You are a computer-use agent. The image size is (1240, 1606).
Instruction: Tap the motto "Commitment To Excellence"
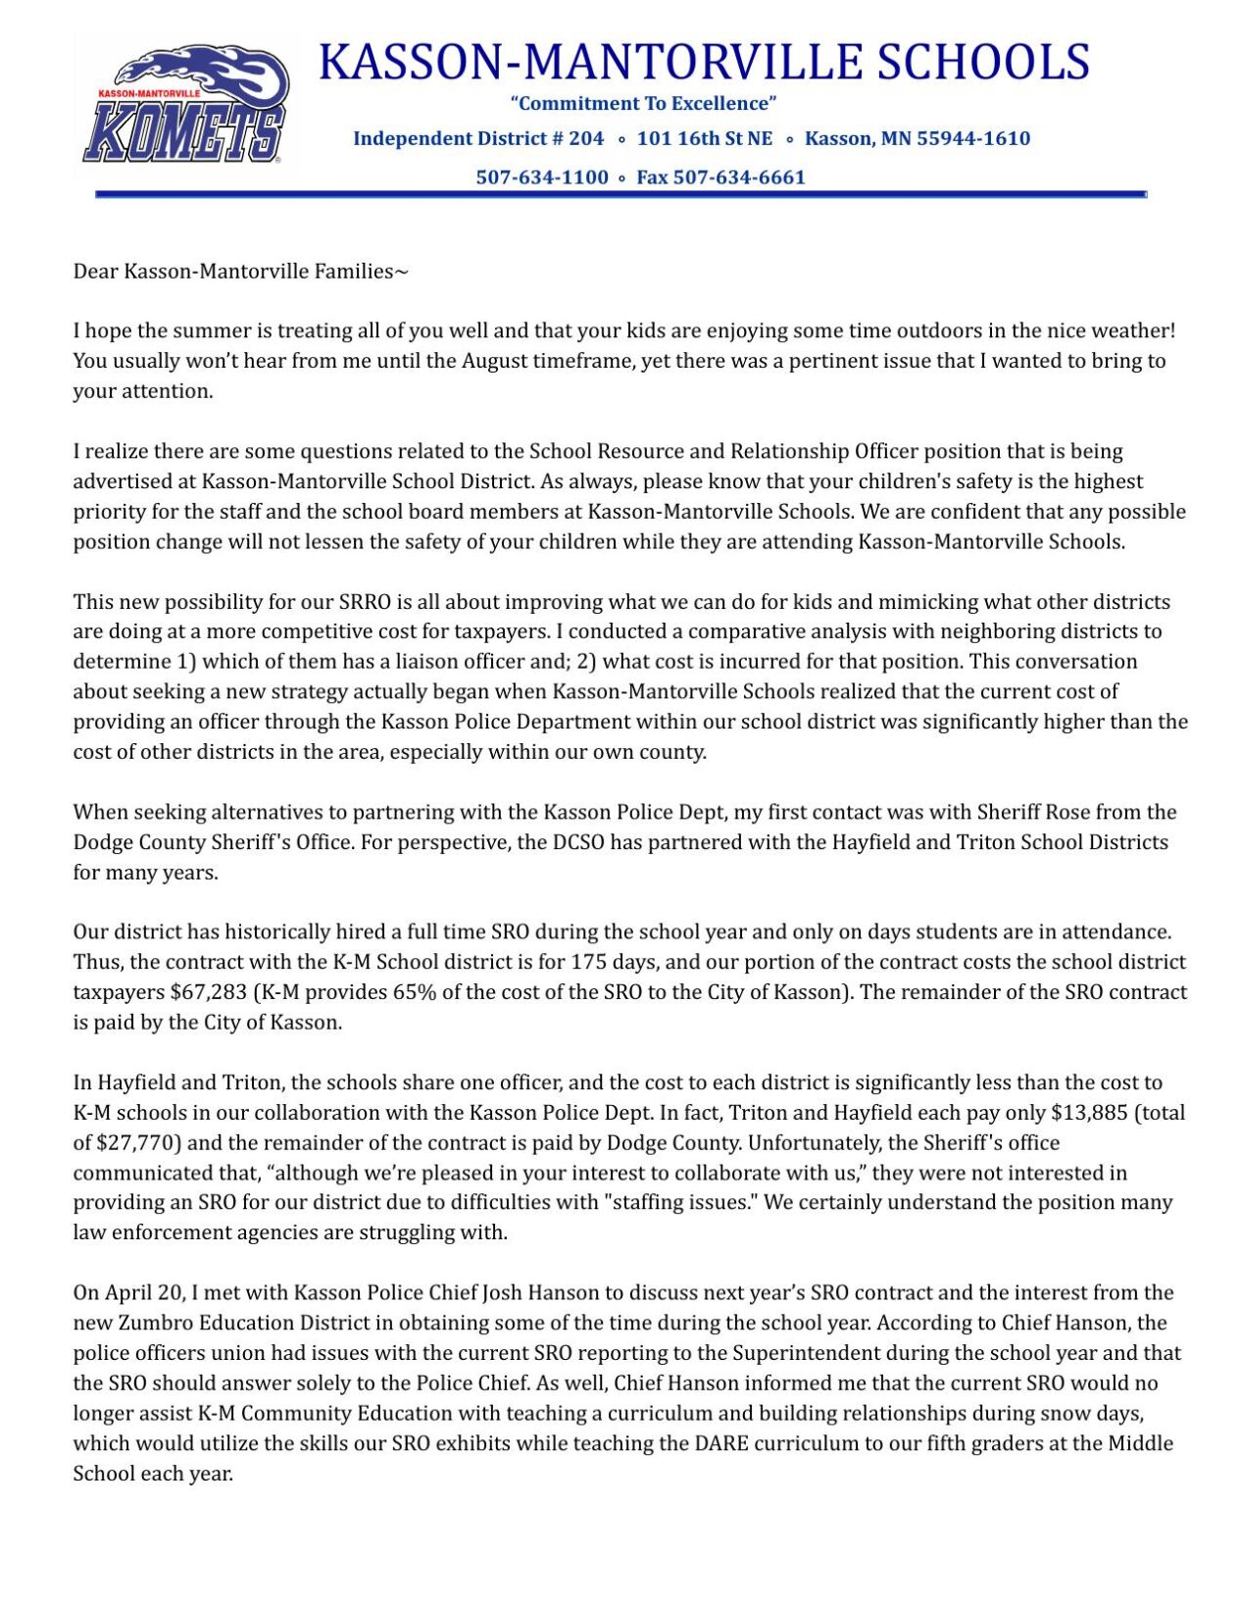coord(643,104)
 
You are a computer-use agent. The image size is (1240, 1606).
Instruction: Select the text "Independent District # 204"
coord(478,138)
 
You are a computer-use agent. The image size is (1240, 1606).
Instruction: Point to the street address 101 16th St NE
coord(705,138)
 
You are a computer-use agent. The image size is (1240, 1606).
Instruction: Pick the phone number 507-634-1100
coord(542,177)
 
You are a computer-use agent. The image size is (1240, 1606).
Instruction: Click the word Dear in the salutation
coord(95,272)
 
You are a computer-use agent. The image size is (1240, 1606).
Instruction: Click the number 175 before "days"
coord(588,962)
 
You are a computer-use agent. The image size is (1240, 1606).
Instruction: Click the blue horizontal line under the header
coord(620,195)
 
